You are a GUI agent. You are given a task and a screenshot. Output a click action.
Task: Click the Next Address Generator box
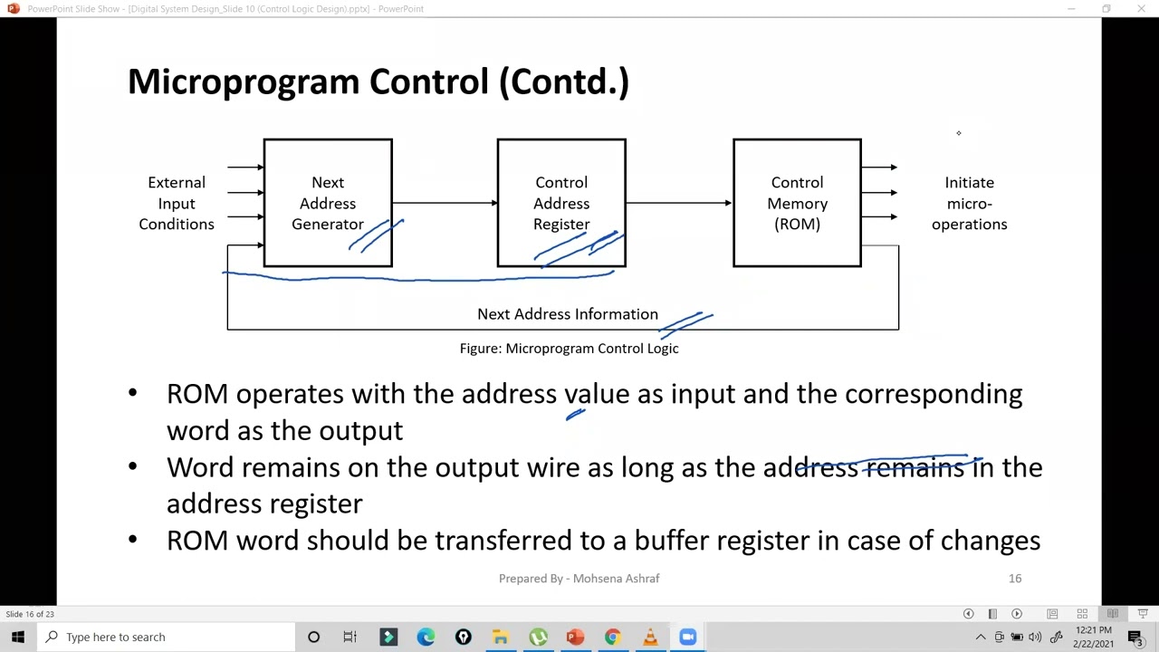pos(327,203)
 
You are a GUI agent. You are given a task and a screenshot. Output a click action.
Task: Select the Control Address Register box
pos(560,203)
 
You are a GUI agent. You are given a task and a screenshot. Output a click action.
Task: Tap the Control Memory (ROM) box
pos(797,203)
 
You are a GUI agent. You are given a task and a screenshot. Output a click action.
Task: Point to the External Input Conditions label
pos(177,204)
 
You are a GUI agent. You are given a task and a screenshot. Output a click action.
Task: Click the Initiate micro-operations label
pos(969,204)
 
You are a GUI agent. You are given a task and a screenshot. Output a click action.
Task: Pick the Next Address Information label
pos(568,314)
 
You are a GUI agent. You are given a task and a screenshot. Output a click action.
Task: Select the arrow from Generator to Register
pos(445,203)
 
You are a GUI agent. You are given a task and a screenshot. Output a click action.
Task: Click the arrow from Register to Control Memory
pos(679,203)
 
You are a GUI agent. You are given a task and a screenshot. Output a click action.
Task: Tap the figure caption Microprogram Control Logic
pos(569,349)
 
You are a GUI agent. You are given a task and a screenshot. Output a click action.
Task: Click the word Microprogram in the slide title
pos(244,81)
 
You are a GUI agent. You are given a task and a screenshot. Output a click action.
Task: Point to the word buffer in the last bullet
pos(671,541)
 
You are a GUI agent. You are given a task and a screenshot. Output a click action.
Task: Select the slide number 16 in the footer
pos(1015,579)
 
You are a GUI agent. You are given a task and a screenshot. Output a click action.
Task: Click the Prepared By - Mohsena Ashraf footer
pos(579,579)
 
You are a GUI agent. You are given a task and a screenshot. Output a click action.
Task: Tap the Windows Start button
pos(18,637)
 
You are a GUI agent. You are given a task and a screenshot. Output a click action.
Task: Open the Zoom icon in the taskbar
pos(687,637)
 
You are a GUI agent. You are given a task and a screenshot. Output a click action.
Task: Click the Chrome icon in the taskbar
pos(613,637)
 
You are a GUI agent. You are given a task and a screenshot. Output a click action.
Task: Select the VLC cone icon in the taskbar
pos(650,637)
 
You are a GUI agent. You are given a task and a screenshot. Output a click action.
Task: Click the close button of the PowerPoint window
pos(1141,9)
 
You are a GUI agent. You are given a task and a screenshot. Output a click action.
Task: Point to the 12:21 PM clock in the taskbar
pos(1093,630)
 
